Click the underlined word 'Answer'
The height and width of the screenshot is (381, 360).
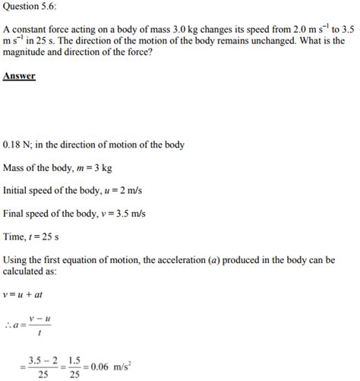point(20,77)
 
